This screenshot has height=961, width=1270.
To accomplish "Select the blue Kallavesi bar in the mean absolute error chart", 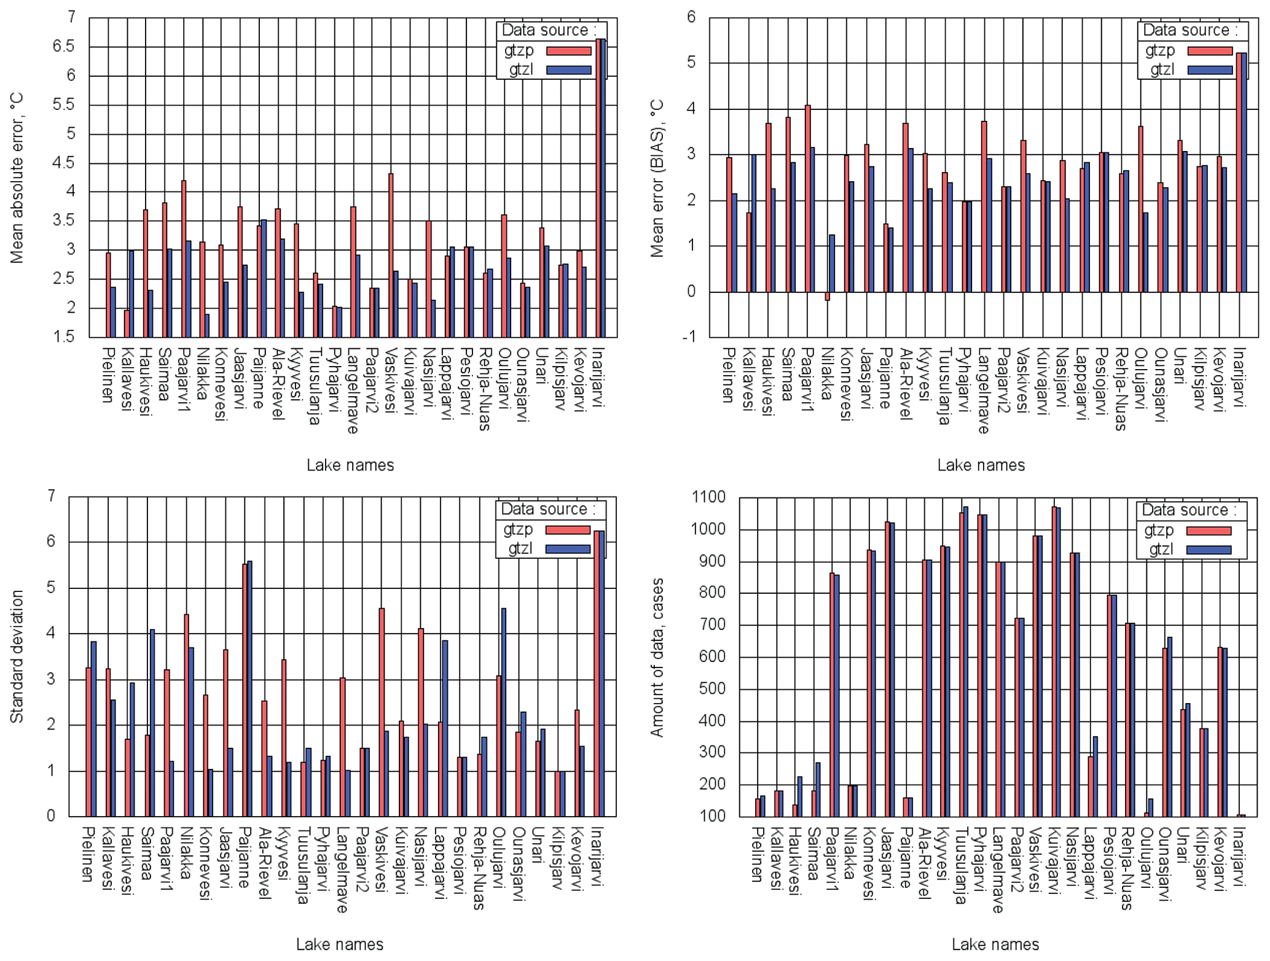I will (131, 294).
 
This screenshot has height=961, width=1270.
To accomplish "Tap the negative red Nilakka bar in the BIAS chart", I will (828, 296).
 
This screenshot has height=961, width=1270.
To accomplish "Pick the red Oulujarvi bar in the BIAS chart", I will (1140, 209).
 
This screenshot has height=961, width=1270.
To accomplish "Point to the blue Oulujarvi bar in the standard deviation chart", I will (504, 712).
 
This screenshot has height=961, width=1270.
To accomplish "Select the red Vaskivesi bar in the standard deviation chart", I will (382, 712).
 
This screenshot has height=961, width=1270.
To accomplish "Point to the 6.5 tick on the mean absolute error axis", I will (63, 47).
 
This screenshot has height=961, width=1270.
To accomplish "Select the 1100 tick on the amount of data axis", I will (709, 497).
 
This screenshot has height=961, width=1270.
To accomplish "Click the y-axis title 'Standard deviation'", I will (17, 656).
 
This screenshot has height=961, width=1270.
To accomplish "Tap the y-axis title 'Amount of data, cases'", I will (657, 657).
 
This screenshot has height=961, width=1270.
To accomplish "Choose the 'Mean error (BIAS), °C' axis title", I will (657, 178).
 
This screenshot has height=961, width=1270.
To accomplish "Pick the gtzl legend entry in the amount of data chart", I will (1187, 550).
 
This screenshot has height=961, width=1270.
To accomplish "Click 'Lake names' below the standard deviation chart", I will (340, 944).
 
